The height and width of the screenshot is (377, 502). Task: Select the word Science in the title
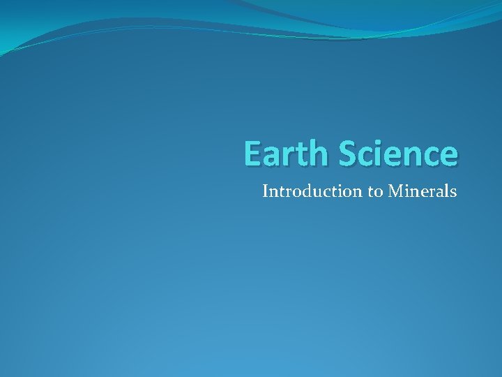(398, 154)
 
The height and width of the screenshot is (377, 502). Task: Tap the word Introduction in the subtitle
(311, 191)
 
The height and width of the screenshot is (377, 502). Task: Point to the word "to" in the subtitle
(373, 191)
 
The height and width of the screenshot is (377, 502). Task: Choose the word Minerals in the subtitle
(422, 191)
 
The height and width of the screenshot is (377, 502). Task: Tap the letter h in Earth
(320, 154)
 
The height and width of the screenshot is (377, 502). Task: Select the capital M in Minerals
(395, 191)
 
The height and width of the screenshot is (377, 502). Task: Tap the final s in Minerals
(453, 192)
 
